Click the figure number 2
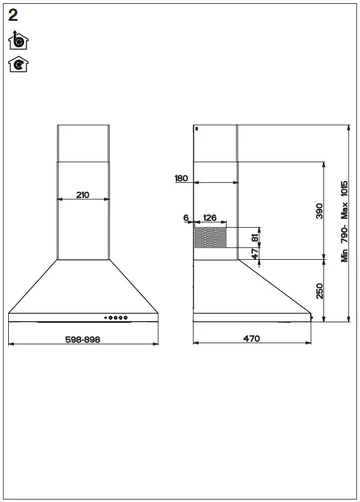tap(13, 16)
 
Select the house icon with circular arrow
tap(18, 64)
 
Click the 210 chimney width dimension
tap(83, 195)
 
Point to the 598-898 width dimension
tap(83, 339)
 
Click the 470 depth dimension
tap(251, 339)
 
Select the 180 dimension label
tap(182, 178)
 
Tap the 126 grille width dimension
tap(210, 218)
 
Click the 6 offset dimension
tap(186, 218)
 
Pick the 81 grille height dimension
tap(255, 238)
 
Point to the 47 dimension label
tap(255, 253)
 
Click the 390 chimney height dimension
tap(319, 211)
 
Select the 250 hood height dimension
tap(319, 291)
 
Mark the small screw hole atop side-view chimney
tap(197, 129)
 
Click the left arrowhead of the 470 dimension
tap(195, 343)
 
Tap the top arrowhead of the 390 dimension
tap(323, 164)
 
